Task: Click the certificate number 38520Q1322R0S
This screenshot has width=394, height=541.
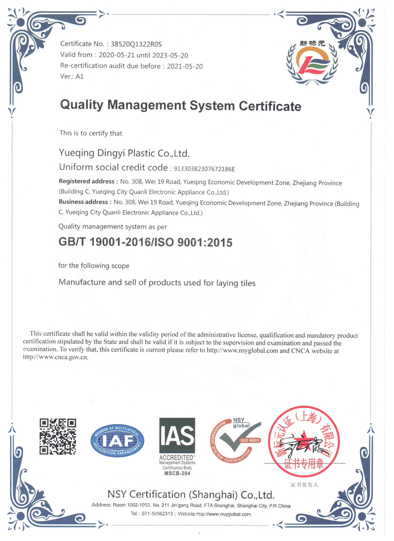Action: [x=136, y=44]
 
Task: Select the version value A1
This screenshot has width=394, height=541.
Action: [x=80, y=77]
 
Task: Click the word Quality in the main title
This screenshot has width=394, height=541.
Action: [x=81, y=105]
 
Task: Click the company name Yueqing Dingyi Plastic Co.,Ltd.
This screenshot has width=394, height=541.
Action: [x=124, y=153]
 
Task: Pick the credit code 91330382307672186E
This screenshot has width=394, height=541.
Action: [x=204, y=169]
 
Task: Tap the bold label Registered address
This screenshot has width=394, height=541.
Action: [x=87, y=181]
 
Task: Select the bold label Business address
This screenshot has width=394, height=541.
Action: [x=83, y=202]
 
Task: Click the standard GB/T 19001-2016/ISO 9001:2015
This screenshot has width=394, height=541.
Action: [x=145, y=242]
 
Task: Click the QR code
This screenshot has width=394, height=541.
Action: [x=58, y=436]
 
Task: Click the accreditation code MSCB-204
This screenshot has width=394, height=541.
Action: [x=177, y=473]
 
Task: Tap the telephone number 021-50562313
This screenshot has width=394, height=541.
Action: [x=157, y=514]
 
